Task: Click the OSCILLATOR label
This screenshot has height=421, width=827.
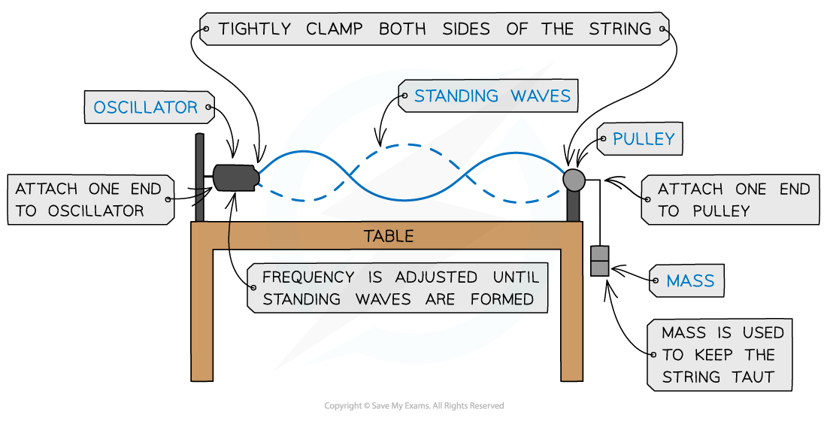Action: click(x=145, y=108)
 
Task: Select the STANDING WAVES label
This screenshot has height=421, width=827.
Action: click(x=492, y=96)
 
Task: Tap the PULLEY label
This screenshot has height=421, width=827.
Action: click(x=644, y=139)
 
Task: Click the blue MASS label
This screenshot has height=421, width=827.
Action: click(x=689, y=282)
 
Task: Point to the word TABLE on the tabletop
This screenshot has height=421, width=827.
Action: click(x=389, y=236)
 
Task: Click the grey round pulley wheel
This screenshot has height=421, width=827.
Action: click(x=574, y=180)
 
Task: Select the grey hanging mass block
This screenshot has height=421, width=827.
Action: click(x=599, y=261)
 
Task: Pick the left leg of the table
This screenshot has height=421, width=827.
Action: click(x=202, y=316)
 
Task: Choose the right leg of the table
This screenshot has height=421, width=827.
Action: click(x=571, y=316)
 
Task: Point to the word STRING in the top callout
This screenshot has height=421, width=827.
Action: click(x=621, y=30)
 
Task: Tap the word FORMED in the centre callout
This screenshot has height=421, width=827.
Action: click(x=502, y=299)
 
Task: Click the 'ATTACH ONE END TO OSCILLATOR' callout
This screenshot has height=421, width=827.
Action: click(x=89, y=200)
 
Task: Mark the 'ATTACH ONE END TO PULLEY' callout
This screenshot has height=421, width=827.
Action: click(x=733, y=200)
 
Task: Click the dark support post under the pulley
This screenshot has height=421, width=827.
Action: click(x=574, y=207)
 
